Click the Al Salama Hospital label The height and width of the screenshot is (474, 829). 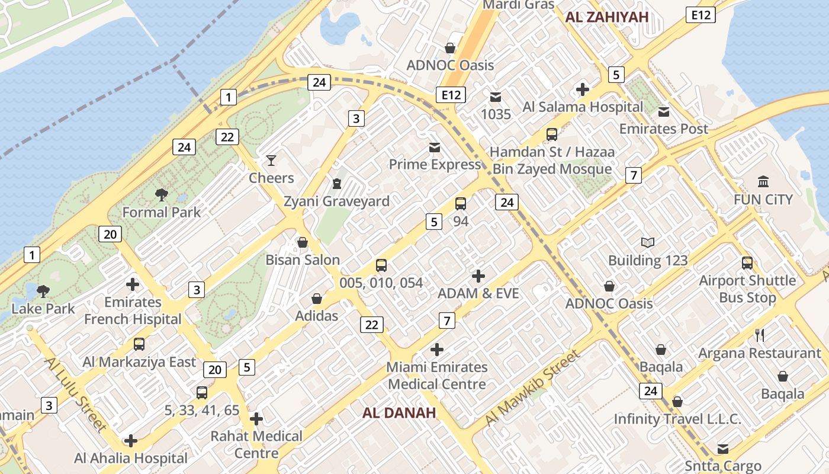coord(583,107)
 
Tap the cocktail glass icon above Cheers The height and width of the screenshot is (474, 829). coord(271,161)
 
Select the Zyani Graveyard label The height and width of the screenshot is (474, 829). coord(336,201)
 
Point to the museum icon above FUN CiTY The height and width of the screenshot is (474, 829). coord(763,182)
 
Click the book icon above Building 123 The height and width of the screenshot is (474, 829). coord(648,242)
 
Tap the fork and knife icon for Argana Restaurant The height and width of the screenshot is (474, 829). coord(760,335)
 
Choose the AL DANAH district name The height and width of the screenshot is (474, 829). coord(399,413)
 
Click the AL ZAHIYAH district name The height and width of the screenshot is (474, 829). coord(607,17)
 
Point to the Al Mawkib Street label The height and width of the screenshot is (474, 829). coord(531,387)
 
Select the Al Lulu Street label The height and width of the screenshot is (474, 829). coord(75,394)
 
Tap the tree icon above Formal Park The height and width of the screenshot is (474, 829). coord(161,194)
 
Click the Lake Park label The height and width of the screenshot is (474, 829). coord(43,309)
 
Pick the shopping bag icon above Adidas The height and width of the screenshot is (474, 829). coord(317,298)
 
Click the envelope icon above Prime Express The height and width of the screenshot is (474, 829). coord(435,148)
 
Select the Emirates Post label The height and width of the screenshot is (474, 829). coord(663,129)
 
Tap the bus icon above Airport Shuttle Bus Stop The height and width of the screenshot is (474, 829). coord(747,262)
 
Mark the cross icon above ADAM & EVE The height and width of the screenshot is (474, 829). coord(478,276)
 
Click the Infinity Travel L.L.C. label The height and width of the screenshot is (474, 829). coord(677,419)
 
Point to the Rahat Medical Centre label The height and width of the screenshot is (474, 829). coord(256,444)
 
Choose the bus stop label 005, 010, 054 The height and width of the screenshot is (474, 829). coord(381,283)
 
